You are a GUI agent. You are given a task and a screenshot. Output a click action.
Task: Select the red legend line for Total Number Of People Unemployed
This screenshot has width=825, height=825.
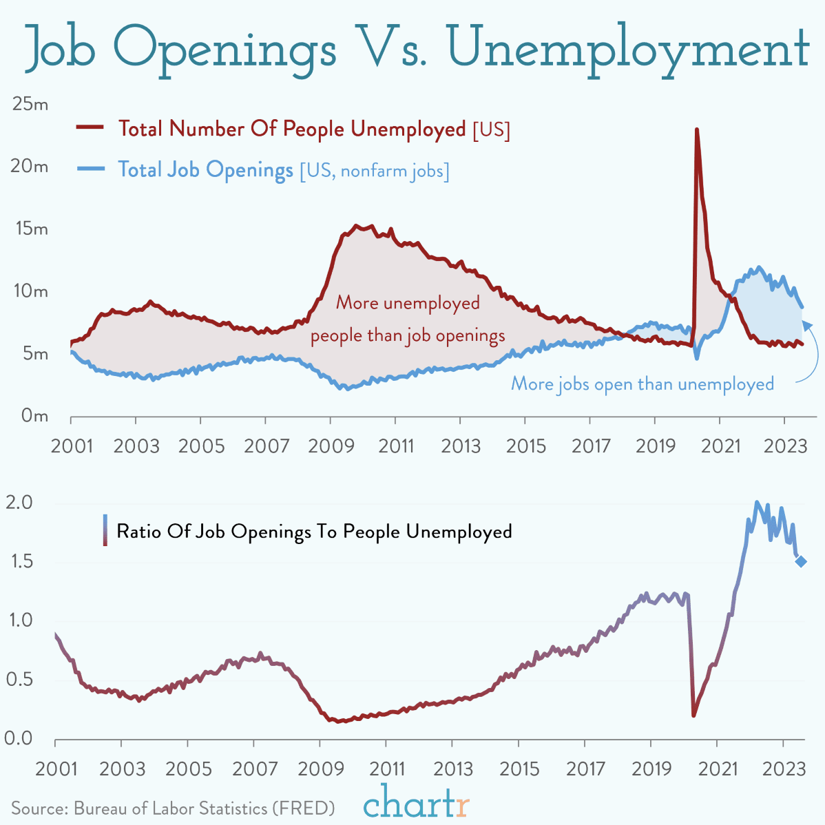(90, 127)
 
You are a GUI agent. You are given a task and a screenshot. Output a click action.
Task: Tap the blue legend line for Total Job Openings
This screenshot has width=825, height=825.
(90, 169)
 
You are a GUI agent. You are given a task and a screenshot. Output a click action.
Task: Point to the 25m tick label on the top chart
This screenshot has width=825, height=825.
(30, 105)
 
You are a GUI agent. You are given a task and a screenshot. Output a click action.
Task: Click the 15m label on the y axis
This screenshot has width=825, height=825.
(31, 229)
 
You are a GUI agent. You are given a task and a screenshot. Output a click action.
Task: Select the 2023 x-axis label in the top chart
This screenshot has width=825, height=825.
(786, 446)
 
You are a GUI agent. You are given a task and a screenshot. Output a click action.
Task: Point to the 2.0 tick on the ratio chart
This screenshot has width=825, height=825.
(19, 502)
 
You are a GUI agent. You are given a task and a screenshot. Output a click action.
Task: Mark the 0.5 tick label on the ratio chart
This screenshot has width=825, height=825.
(19, 679)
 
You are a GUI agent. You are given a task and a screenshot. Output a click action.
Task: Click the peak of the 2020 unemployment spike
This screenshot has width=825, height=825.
(697, 130)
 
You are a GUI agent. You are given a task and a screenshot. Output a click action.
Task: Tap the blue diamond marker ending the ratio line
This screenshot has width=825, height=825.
(802, 561)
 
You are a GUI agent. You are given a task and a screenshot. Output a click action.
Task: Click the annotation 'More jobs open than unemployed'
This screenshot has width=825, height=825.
(642, 384)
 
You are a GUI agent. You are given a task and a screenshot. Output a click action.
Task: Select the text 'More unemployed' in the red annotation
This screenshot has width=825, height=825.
(408, 303)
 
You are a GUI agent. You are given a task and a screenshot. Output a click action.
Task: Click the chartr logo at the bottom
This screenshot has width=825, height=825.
(416, 802)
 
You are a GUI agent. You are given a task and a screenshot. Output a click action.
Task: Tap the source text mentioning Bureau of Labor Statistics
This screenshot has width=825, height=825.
(173, 807)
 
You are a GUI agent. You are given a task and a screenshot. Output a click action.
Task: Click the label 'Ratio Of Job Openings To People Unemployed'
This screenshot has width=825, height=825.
(314, 531)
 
